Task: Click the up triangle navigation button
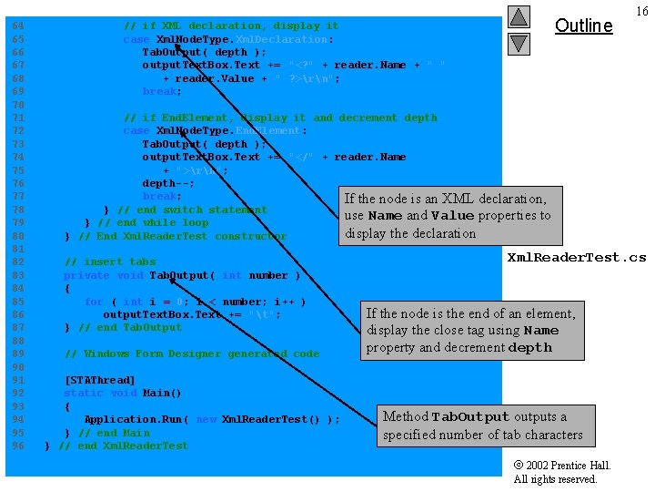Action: tap(518, 16)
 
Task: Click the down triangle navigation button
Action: tap(518, 43)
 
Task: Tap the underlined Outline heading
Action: tap(583, 26)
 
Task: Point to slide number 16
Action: tap(642, 11)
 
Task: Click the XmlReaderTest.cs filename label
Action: tap(576, 257)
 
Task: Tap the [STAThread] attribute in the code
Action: tap(99, 380)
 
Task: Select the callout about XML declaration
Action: tap(447, 216)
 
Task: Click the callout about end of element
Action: tap(470, 331)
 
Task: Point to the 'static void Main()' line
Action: tap(123, 393)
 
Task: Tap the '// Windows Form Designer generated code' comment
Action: tap(192, 354)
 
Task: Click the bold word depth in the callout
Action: tap(530, 348)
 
